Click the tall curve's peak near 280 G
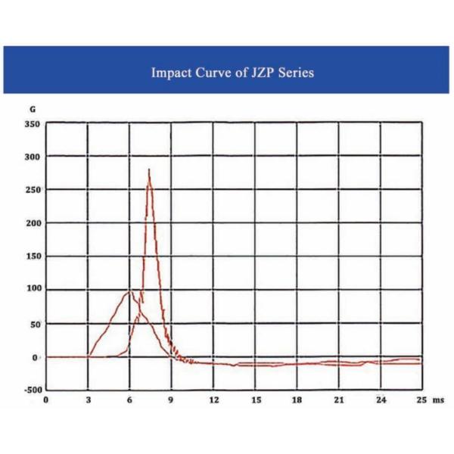pyautogui.click(x=149, y=169)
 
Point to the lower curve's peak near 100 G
pyautogui.click(x=130, y=291)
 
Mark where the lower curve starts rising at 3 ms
pyautogui.click(x=89, y=356)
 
